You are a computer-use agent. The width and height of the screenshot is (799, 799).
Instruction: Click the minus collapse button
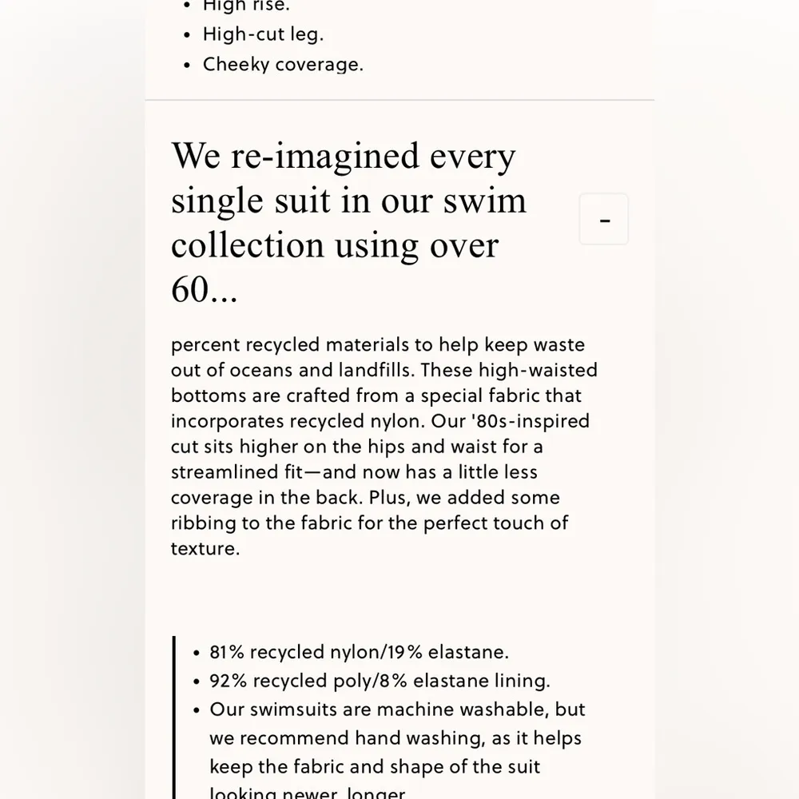tap(604, 219)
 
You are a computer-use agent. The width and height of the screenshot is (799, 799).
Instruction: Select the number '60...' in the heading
tap(205, 290)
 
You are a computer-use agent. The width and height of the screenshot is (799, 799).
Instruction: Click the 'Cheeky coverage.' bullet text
tap(283, 65)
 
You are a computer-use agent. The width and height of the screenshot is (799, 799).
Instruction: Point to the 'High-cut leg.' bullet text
tap(263, 34)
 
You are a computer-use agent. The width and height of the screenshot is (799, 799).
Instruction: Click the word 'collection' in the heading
tap(248, 245)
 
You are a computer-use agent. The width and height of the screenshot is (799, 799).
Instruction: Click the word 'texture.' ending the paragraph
tap(205, 549)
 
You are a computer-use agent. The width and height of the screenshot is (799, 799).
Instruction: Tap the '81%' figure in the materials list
tap(227, 652)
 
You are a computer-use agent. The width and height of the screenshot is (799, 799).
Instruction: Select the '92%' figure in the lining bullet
tap(227, 681)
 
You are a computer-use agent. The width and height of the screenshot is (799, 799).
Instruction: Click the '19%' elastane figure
tap(404, 652)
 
